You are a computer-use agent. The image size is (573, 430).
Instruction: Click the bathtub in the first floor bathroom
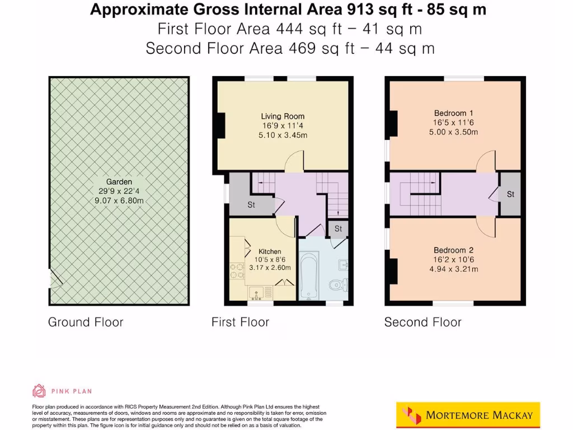click(x=309, y=275)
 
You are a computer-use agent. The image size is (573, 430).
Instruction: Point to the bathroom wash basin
click(x=342, y=265)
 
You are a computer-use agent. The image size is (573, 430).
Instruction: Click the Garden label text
click(x=119, y=181)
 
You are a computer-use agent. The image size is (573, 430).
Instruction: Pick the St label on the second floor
click(x=510, y=194)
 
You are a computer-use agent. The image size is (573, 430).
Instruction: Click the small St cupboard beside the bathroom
click(x=339, y=228)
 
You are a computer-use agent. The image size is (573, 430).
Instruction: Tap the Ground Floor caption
click(x=86, y=322)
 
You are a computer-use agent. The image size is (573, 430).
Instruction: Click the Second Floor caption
click(x=422, y=322)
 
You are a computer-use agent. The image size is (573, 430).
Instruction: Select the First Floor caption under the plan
click(x=240, y=322)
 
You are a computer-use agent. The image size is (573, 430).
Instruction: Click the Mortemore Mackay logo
click(x=468, y=415)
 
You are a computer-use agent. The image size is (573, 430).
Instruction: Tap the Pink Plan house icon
click(x=39, y=391)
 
